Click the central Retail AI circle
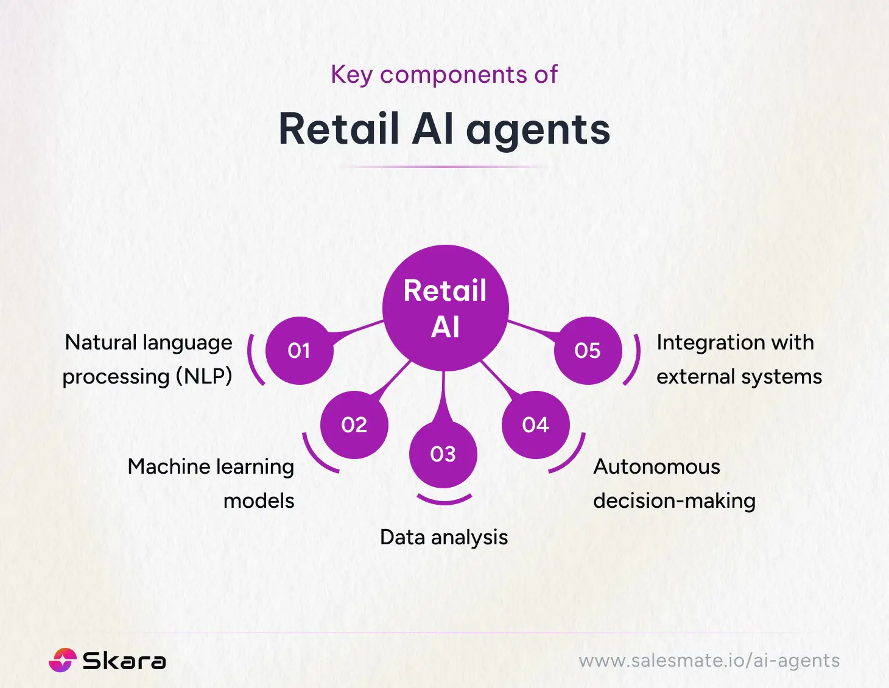pos(445,308)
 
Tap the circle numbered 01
pos(299,351)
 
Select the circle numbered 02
pos(354,424)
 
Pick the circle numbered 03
pos(443,454)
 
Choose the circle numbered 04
pos(535,424)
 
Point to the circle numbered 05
pos(588,351)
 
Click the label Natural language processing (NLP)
pos(148,359)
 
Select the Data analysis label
pos(444,537)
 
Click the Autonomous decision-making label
pos(674,483)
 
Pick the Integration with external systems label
pos(739,359)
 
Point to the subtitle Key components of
pos(444,75)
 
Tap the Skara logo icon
pos(62,660)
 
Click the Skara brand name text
pos(124,661)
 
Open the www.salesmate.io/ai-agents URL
pos(709,661)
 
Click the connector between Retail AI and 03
pos(444,396)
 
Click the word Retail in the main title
pos(339,130)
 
